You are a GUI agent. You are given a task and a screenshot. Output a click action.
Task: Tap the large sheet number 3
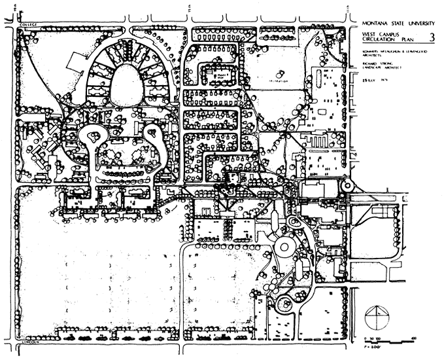point(430,39)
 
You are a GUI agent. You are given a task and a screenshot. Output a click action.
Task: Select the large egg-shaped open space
point(128,87)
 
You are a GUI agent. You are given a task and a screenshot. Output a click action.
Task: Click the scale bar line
point(391,343)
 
